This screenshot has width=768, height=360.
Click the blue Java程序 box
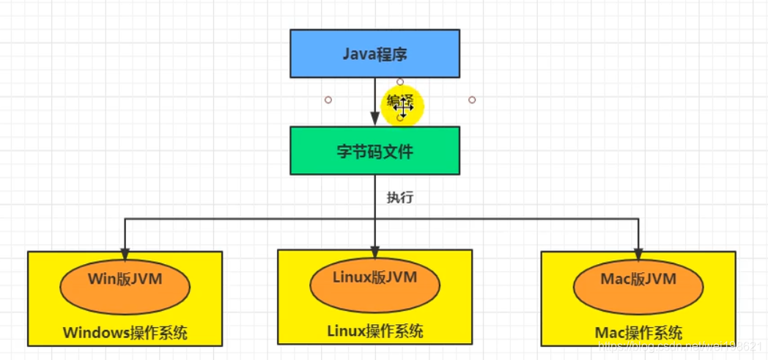click(x=374, y=54)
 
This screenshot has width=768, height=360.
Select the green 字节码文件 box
click(x=374, y=151)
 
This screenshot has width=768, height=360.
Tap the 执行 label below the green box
click(x=400, y=197)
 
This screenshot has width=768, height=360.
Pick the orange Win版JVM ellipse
click(x=125, y=285)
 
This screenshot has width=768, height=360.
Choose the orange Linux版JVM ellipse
click(x=374, y=283)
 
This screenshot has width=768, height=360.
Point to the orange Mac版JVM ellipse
click(x=638, y=285)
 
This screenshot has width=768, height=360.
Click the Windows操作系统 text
click(x=125, y=333)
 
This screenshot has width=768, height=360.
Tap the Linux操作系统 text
click(x=374, y=331)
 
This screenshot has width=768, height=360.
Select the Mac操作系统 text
click(x=638, y=333)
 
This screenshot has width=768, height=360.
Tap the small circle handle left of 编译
click(x=328, y=100)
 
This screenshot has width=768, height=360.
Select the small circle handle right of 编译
click(x=472, y=100)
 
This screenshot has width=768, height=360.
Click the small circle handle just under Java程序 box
click(x=400, y=81)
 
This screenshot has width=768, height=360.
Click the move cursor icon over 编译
click(x=402, y=107)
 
